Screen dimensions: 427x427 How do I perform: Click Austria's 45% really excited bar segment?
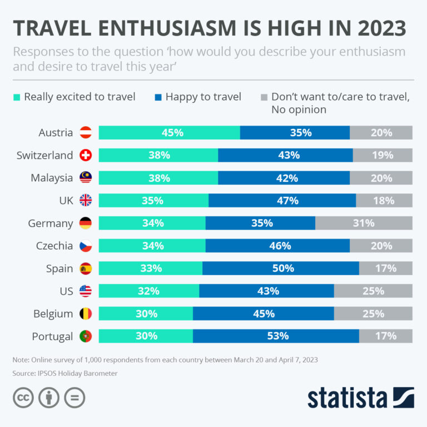coord(169,133)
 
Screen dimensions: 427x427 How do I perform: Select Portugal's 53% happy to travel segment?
coord(276,336)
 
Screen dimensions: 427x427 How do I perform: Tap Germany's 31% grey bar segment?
coord(364,223)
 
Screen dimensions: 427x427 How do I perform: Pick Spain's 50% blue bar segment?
coord(281,269)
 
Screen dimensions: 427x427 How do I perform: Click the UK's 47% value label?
coord(288,201)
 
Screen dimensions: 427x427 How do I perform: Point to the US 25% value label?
coord(373,291)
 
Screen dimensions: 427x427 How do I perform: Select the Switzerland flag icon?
coord(86,156)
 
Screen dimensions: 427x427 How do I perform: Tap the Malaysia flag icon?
coord(86,178)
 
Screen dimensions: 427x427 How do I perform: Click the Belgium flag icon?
coord(86,314)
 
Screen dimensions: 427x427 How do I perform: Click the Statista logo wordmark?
coord(347,398)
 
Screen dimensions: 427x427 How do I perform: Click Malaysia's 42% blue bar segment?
coord(284,178)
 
